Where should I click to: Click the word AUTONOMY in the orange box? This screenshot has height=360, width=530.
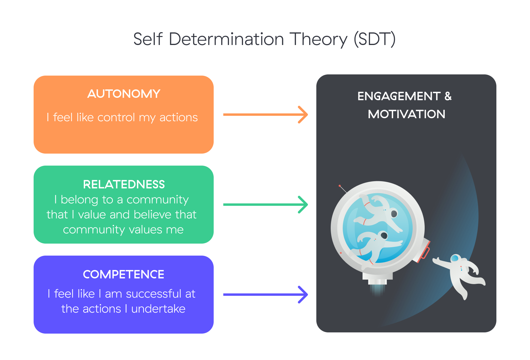pos(124,94)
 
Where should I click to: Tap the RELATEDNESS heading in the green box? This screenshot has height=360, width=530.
pos(124,184)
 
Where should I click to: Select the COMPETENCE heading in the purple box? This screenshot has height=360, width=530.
pos(124,274)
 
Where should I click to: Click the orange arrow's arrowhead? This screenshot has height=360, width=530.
pos(303,115)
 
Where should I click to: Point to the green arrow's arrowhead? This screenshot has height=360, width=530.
pos(303,205)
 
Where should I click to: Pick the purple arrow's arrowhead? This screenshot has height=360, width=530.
pos(303,295)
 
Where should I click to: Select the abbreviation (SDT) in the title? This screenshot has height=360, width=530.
pos(375,39)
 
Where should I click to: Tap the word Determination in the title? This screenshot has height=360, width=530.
pos(226,39)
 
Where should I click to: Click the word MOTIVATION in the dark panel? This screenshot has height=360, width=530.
pos(406,114)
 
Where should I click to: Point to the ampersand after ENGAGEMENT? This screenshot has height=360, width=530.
pos(448,96)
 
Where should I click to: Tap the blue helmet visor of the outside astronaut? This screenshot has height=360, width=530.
pos(455,258)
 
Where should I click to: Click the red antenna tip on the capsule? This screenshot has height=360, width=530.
pos(340,186)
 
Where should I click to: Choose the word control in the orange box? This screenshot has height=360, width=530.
pos(116,117)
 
